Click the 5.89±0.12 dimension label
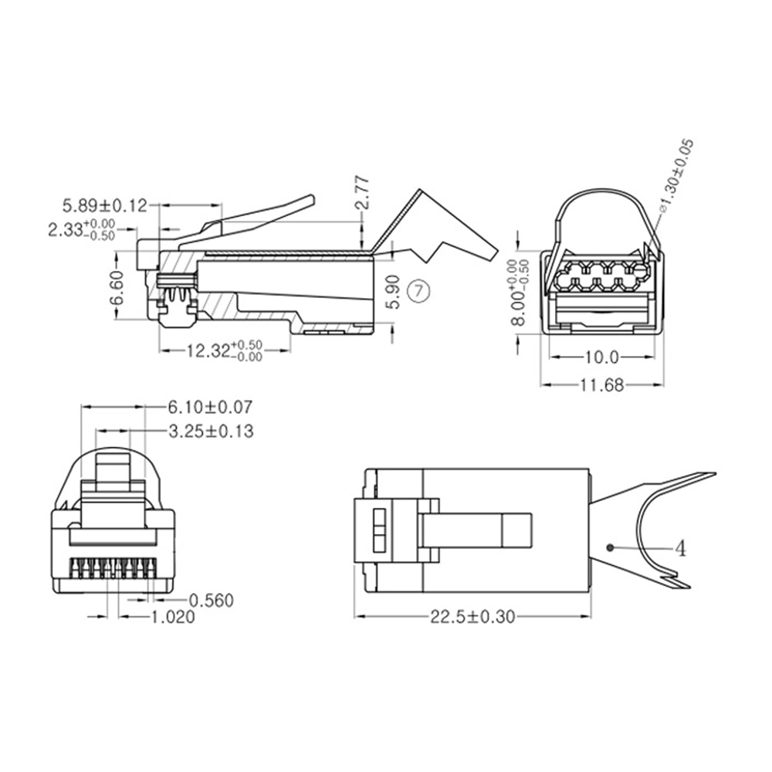point(104,205)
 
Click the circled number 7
point(418,291)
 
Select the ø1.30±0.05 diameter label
point(677,175)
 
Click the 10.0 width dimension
point(602,357)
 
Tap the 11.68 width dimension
point(601,384)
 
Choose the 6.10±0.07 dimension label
point(210,406)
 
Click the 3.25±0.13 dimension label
point(210,431)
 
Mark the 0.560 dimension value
point(211,600)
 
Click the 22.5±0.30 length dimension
point(472,616)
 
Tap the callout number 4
point(680,548)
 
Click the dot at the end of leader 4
point(611,547)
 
